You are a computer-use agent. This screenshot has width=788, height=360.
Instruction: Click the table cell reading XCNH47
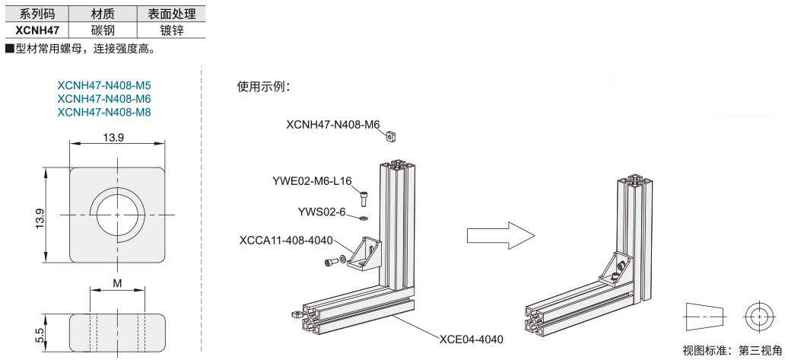[37, 30]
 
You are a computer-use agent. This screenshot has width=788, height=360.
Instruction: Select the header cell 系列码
[37, 14]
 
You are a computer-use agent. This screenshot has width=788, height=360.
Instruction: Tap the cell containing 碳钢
[103, 30]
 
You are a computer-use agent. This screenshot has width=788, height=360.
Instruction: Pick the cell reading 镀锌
[171, 30]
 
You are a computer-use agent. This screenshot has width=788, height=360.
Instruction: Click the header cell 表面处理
[171, 14]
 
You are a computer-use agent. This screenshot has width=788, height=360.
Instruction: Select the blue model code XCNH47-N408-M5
[104, 85]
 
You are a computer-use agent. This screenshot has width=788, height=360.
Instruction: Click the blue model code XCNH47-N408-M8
[104, 112]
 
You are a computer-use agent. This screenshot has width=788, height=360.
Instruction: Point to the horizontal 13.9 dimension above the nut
[116, 137]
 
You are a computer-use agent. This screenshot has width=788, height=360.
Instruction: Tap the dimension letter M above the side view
[117, 283]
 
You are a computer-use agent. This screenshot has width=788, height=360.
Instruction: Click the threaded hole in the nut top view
[118, 215]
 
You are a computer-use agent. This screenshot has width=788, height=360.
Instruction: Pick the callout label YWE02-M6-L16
[312, 180]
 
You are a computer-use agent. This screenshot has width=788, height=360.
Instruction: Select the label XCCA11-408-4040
[286, 241]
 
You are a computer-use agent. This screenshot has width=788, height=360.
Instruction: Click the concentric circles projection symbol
[758, 316]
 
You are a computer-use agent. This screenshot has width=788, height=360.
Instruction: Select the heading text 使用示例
[263, 86]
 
